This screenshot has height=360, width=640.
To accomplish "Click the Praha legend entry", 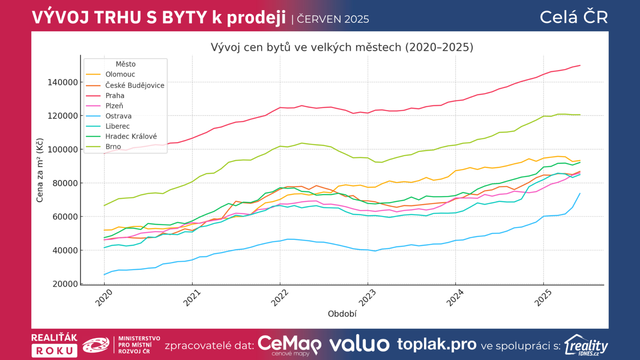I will pos(115,96).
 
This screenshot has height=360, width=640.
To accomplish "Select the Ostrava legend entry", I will pos(118,116).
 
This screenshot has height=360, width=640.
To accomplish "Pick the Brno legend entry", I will pos(113,147).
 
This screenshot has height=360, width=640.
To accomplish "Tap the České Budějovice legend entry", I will pos(135,85).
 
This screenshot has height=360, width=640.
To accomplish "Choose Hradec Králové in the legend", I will pos(131,136).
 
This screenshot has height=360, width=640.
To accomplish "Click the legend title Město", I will pos(126,64).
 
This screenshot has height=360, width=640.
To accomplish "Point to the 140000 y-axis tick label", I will pos(63,82).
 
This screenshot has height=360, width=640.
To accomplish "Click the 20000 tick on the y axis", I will pos(65,284).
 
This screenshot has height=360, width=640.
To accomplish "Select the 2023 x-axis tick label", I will pos(367,298).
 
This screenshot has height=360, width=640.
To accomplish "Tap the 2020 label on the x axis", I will pos(104,298).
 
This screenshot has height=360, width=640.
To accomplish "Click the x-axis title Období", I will pos(342,314).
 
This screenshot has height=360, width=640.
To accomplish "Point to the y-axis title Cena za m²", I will pos(40,170).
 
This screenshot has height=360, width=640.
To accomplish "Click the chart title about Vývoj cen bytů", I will pos(342,47).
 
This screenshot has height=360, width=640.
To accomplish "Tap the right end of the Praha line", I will pos(580,65).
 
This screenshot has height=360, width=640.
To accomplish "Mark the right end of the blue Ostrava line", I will pos(580,194).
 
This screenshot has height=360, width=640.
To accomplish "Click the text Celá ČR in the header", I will pos(574,17).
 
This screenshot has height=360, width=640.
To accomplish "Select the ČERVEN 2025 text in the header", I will pos(333,19).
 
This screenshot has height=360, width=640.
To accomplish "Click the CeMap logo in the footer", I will pos(289,345).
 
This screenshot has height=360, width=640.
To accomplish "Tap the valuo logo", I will pos(359,344).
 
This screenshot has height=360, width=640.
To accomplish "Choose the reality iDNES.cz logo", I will pos(586,345).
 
